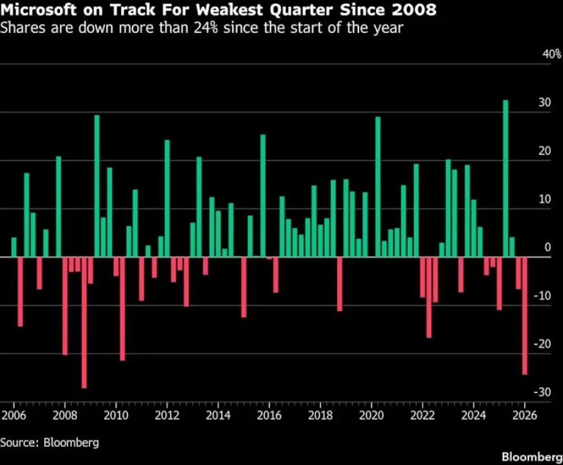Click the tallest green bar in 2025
tap(505, 178)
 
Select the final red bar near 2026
tap(524, 315)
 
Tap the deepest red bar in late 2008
tap(84, 323)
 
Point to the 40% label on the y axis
tap(551, 54)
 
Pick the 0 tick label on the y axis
tap(547, 247)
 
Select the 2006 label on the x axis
tap(13, 414)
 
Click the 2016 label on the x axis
tap(269, 414)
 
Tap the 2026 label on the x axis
tap(525, 414)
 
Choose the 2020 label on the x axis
tap(371, 414)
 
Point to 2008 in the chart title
tap(412, 10)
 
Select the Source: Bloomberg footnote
tap(50, 442)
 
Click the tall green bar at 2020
tap(378, 187)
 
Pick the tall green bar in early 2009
tap(97, 186)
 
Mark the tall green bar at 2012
tap(167, 198)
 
